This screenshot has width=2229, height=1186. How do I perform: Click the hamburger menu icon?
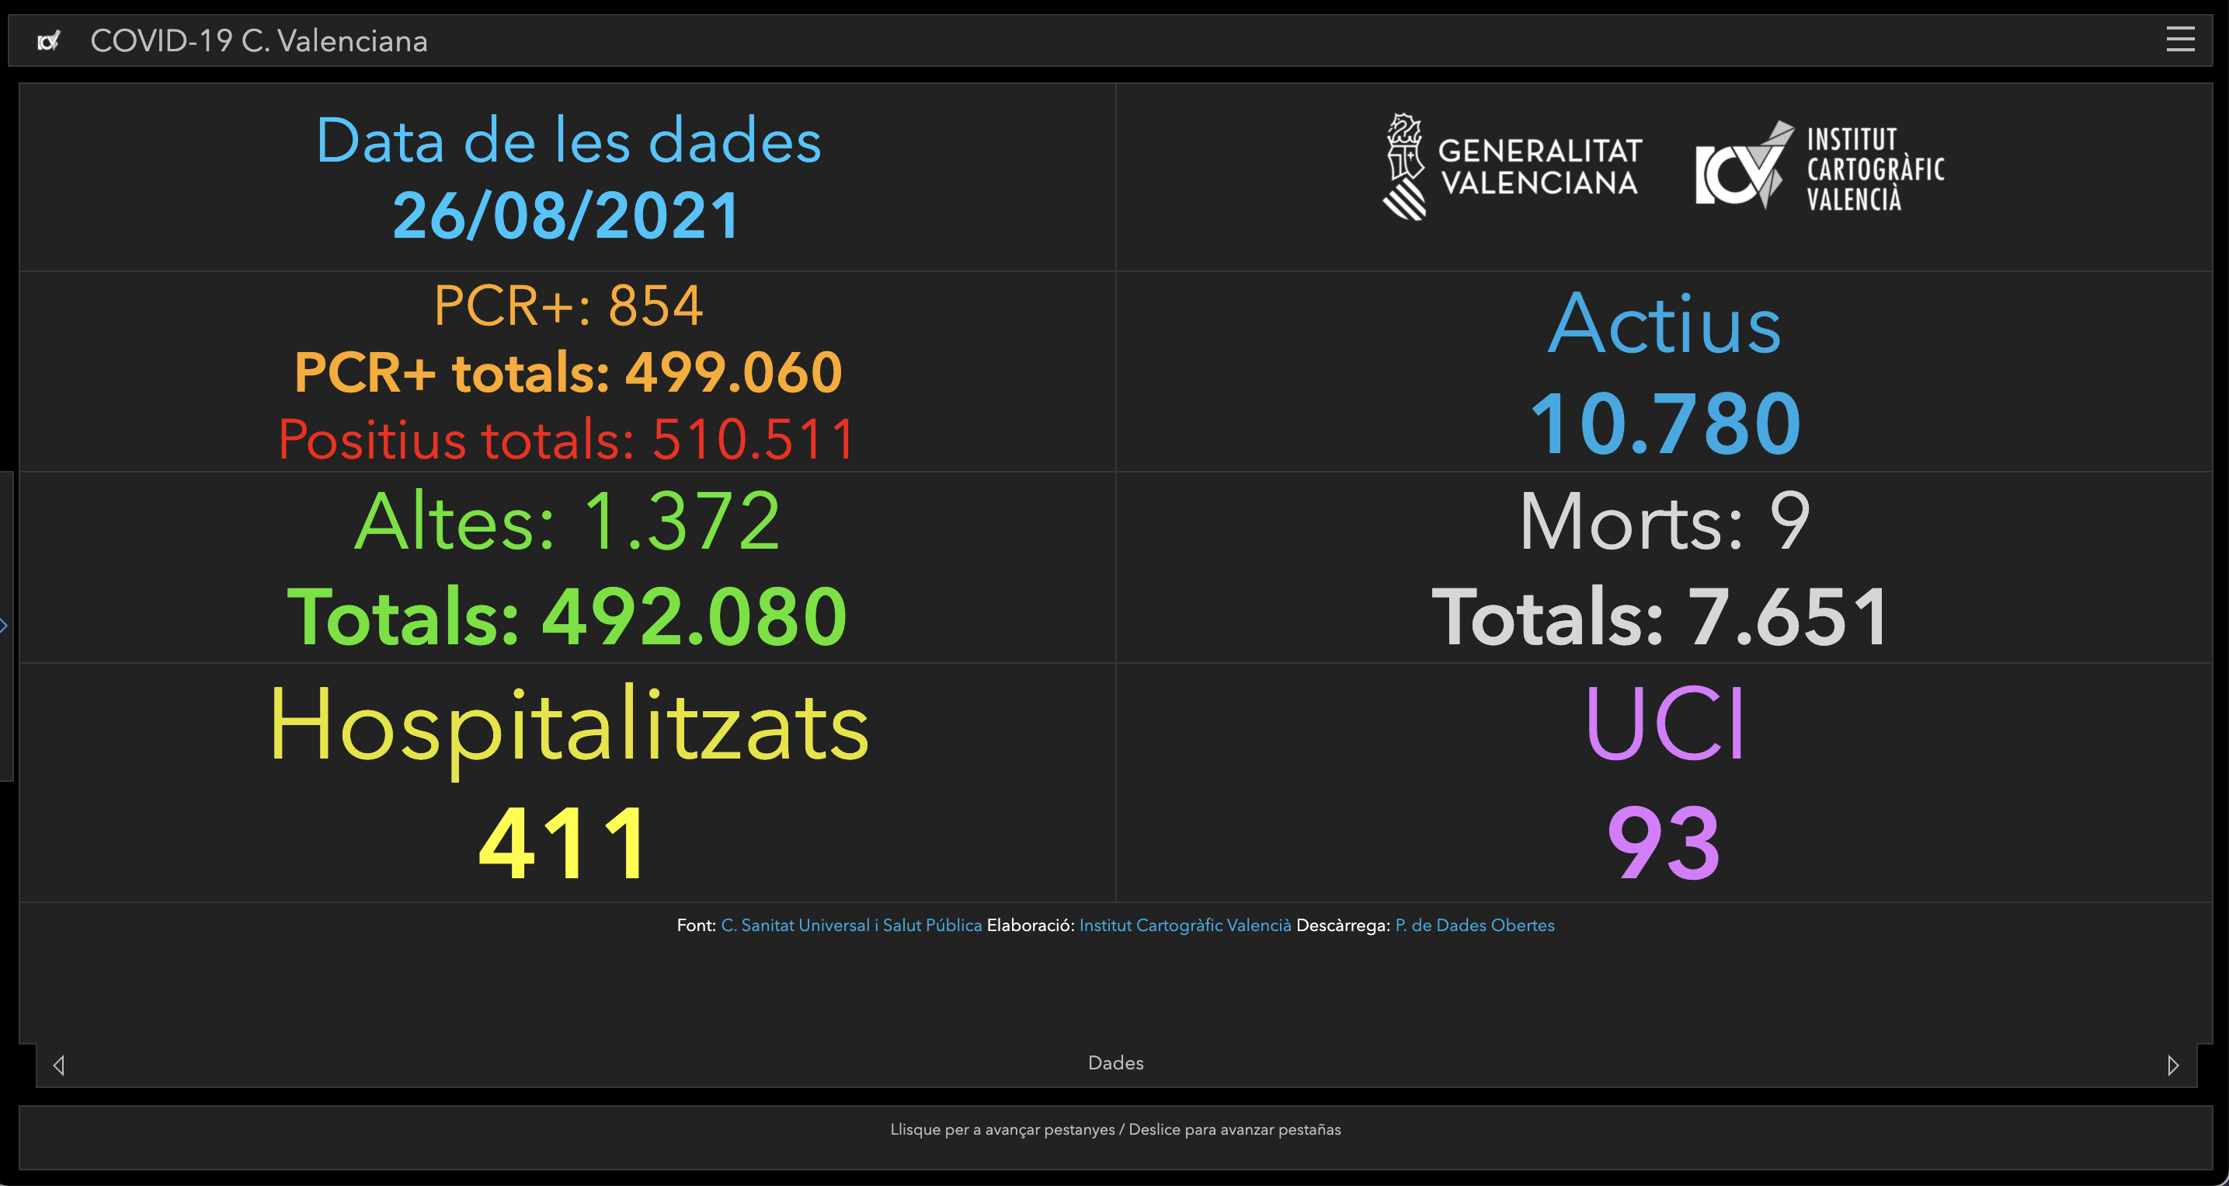[x=2179, y=39]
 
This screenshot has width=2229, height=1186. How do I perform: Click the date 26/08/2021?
[x=567, y=215]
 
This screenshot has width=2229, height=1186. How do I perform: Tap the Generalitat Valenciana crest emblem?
[x=1403, y=166]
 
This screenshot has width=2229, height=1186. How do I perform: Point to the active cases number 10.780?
[x=1665, y=424]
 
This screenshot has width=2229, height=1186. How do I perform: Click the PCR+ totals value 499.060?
[x=733, y=372]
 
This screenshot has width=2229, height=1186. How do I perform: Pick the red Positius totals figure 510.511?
[x=753, y=439]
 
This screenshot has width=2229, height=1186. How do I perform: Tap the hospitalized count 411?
[x=563, y=843]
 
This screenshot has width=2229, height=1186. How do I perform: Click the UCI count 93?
[x=1664, y=843]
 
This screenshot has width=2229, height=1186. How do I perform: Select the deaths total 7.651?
[x=1787, y=616]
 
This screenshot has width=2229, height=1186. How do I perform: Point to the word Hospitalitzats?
[x=569, y=725]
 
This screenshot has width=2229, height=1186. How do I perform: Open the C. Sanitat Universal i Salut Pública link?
[x=850, y=926]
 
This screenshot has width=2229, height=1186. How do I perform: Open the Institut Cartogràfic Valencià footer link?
[x=1184, y=926]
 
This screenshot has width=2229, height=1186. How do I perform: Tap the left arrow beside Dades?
[x=59, y=1065]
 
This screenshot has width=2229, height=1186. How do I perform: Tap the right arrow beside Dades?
[x=2173, y=1065]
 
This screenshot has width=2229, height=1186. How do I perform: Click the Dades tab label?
[x=1115, y=1063]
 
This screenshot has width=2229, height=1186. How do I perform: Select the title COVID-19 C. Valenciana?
[x=259, y=40]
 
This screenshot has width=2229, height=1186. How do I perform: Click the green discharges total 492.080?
[x=694, y=616]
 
